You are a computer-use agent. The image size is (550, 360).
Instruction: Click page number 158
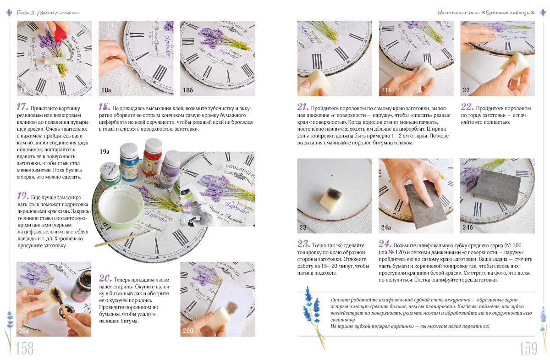click(25, 349)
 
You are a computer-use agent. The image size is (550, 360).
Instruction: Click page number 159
click(528, 349)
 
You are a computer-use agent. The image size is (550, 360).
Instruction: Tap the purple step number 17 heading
click(22, 107)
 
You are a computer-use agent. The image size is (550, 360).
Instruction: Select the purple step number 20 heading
click(105, 278)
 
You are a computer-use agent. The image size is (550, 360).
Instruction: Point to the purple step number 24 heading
click(385, 244)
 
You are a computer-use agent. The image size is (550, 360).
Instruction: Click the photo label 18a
click(106, 90)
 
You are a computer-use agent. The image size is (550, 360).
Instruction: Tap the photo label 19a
click(104, 151)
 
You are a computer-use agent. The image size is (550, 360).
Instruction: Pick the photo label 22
click(466, 90)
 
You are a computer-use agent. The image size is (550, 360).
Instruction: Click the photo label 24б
click(467, 227)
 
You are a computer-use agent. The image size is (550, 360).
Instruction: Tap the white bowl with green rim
click(121, 207)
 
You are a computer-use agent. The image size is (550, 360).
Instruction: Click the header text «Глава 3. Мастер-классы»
click(48, 12)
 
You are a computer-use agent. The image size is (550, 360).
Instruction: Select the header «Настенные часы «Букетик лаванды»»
click(486, 12)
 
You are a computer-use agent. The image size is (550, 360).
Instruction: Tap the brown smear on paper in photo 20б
click(232, 308)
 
